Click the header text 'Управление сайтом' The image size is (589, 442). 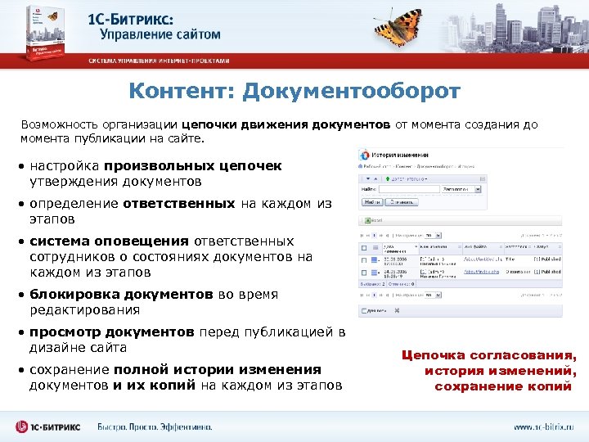click(160, 34)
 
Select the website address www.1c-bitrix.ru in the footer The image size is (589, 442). click(544, 426)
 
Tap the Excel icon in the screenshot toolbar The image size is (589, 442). click(365, 220)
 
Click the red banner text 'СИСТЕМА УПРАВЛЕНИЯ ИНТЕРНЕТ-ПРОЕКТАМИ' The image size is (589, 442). click(160, 61)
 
